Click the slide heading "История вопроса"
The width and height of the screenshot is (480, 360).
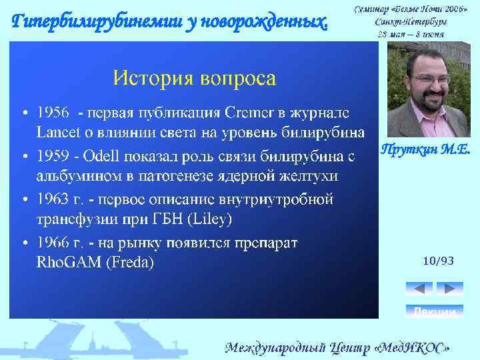point(194,78)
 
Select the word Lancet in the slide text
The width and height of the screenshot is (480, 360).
point(57,131)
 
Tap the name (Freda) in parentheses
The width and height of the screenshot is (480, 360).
point(131,262)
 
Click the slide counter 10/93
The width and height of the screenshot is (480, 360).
point(438,261)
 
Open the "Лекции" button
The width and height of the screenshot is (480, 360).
point(434,311)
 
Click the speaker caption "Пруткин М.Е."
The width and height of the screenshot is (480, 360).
point(425,150)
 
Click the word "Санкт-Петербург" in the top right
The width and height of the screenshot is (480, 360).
point(410,21)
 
